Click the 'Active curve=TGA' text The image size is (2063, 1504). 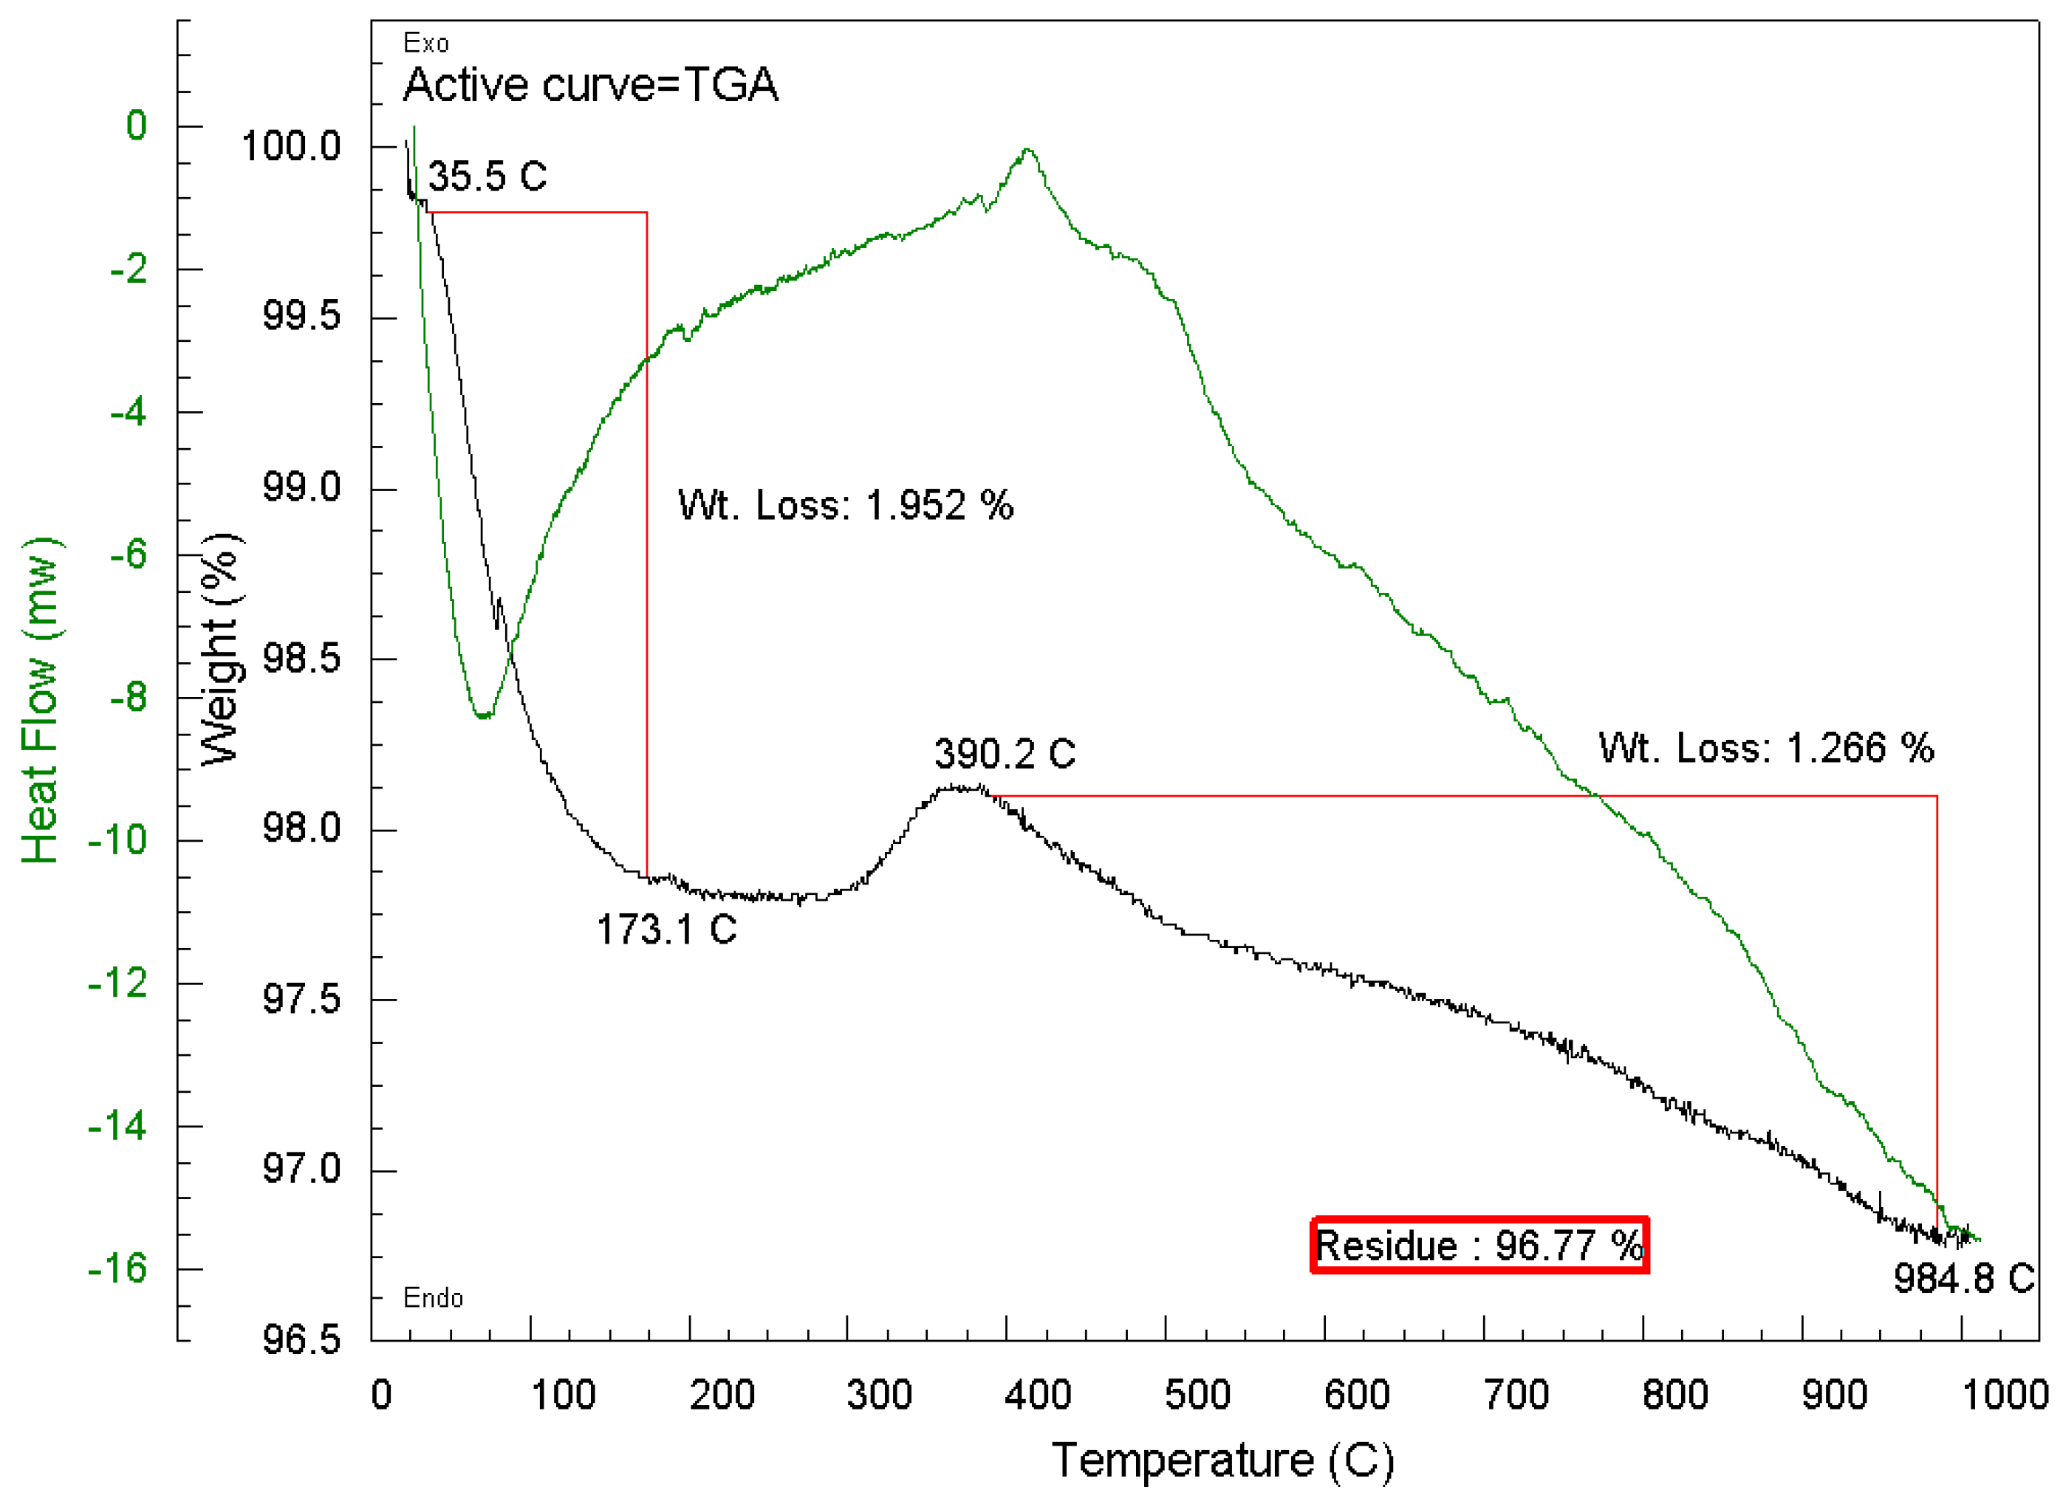590,85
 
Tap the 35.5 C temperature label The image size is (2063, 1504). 487,176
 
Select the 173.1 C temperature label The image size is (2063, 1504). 666,930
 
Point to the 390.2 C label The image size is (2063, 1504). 1004,754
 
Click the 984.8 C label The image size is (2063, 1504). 1963,1278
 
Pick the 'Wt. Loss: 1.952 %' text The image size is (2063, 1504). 845,504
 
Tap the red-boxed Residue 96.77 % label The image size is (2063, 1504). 1479,1245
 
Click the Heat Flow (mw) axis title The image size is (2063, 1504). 41,700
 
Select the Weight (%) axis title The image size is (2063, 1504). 220,648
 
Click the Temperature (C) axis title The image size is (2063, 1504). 1222,1460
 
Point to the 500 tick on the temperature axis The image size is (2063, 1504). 1196,1395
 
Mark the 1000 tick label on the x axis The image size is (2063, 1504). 2004,1395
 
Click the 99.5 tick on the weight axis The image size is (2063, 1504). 301,316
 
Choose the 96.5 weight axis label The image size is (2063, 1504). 301,1340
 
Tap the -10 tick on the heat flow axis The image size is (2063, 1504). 117,839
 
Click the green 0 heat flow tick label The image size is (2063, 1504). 136,126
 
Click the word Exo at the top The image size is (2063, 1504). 425,43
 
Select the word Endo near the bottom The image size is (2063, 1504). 433,1297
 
